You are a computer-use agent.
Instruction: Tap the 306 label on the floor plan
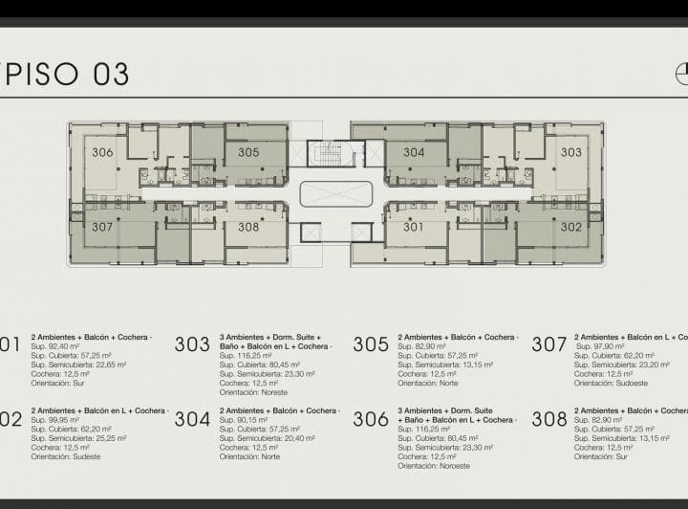(x=102, y=152)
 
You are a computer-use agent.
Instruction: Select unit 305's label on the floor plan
(x=248, y=152)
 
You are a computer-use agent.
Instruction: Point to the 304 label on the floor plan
(x=414, y=152)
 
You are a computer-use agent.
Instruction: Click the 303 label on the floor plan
(x=570, y=152)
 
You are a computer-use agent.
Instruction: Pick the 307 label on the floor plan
(x=102, y=228)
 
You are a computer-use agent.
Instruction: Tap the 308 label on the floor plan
(x=248, y=228)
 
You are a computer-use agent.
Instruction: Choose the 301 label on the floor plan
(x=414, y=228)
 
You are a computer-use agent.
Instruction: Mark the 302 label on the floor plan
(x=570, y=228)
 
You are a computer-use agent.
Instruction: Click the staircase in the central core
(x=330, y=152)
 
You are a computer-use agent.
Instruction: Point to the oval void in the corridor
(x=334, y=194)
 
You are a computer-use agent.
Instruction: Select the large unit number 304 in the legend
(x=192, y=419)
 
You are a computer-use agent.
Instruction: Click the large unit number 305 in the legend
(x=371, y=344)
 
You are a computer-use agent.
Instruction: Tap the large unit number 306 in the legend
(x=371, y=419)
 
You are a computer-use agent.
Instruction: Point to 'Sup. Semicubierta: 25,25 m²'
(x=78, y=438)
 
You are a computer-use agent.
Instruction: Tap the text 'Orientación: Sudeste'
(x=66, y=456)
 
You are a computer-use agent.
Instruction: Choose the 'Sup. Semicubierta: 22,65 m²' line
(x=78, y=365)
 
